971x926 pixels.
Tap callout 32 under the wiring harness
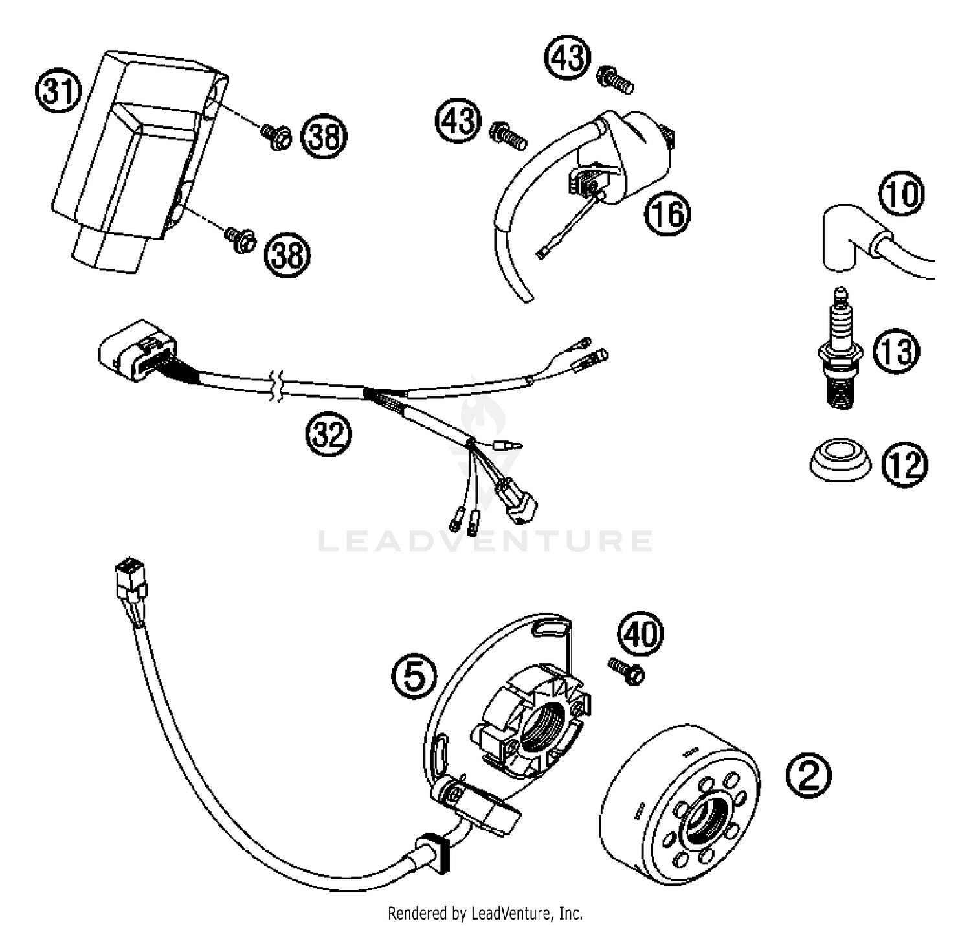click(x=328, y=435)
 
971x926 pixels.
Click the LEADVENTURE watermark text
click(x=485, y=541)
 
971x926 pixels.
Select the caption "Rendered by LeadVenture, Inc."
click(x=485, y=913)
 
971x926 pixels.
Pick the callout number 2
click(x=809, y=775)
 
